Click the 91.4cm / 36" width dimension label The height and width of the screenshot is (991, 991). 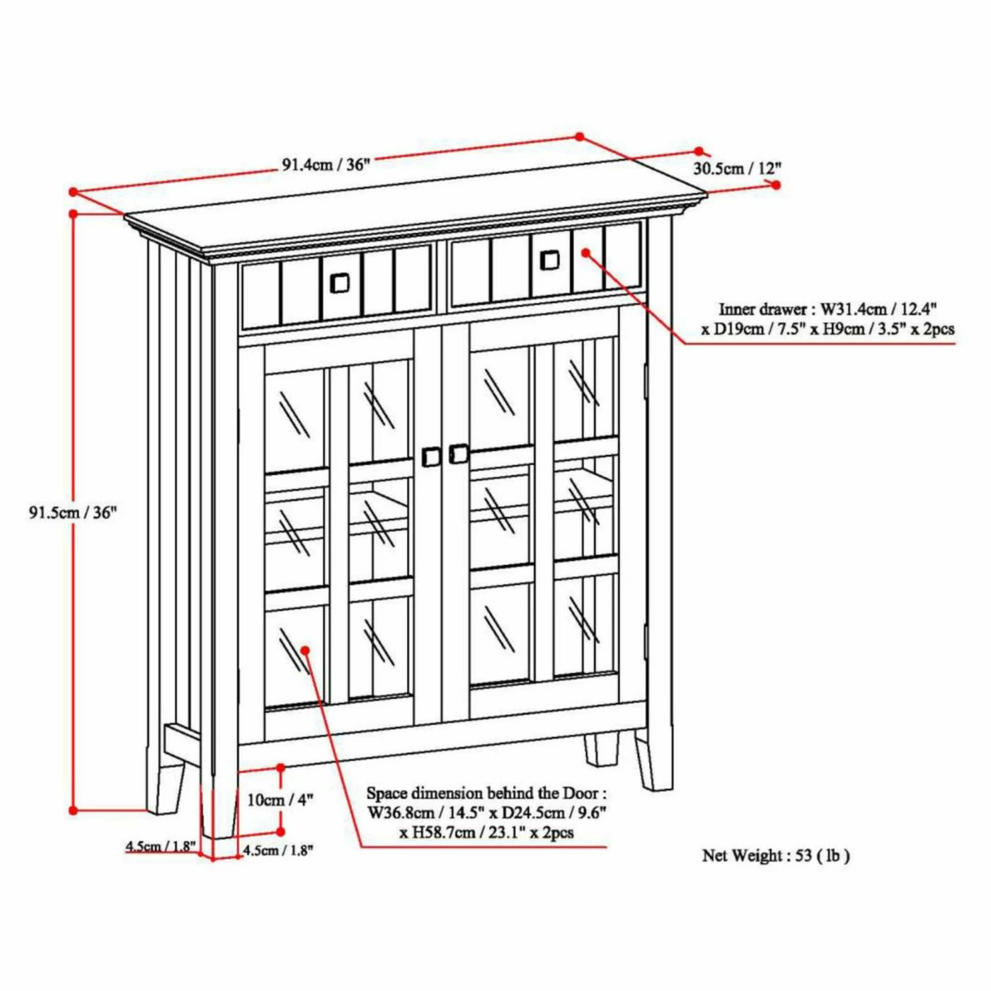[x=326, y=166]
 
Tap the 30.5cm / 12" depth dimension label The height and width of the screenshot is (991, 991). [x=737, y=168]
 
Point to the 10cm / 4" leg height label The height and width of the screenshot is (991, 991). [x=280, y=814]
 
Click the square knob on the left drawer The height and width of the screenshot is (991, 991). [x=339, y=283]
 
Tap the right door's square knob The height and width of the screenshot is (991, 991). [x=459, y=453]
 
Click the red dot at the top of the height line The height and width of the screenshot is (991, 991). [x=74, y=213]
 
